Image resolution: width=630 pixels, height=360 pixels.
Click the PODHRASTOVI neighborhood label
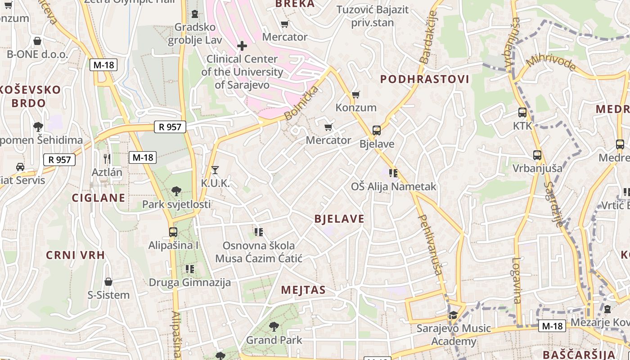[x=424, y=80]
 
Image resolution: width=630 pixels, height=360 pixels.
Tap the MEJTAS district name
[x=303, y=290]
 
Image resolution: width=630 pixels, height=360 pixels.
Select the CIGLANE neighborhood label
[x=99, y=198]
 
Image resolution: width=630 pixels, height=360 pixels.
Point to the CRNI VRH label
[x=75, y=255]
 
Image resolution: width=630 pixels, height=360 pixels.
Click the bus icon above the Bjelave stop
[x=377, y=130]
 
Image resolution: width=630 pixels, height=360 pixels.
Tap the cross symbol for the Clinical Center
[x=242, y=45]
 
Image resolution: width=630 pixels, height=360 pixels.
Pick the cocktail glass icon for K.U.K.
[x=215, y=170]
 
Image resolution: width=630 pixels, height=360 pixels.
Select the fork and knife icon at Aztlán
[x=107, y=158]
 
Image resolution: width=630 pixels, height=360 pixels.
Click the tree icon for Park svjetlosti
[x=176, y=191]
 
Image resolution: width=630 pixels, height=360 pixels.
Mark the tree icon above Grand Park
[x=274, y=327]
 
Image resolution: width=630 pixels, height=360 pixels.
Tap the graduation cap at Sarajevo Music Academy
[x=453, y=315]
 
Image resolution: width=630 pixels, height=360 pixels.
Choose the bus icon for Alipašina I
[x=173, y=232]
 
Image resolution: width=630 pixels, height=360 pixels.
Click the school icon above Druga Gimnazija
[x=190, y=269]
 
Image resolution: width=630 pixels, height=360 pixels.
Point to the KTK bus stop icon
[x=522, y=112]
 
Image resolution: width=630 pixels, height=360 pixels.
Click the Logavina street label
[x=516, y=280]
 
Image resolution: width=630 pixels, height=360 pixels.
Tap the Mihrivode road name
[x=552, y=63]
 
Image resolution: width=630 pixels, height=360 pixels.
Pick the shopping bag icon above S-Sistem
[x=108, y=282]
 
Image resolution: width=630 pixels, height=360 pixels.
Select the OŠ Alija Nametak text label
[x=394, y=186]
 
